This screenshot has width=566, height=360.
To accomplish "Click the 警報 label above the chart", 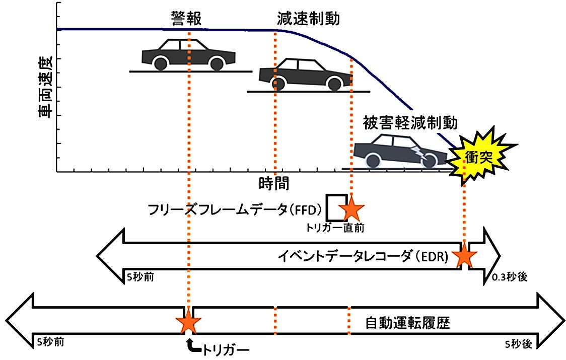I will (x=186, y=19).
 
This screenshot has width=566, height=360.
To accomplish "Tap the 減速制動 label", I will (x=308, y=19).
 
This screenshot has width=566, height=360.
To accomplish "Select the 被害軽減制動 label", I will (x=410, y=123).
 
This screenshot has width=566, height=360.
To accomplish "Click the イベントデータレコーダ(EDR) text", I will (x=363, y=256).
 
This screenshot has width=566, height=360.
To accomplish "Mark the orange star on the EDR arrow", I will (x=464, y=257).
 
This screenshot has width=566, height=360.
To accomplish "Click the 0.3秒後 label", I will (x=509, y=276).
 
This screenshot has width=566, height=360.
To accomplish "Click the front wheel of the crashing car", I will (x=429, y=160).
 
